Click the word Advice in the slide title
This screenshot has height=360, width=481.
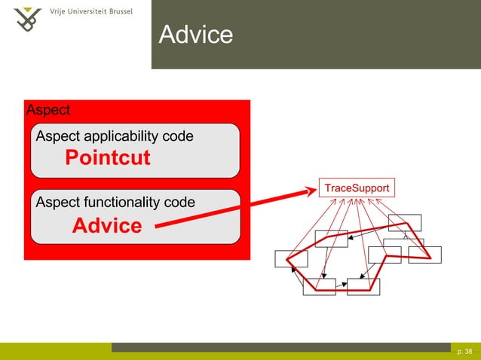[x=195, y=35]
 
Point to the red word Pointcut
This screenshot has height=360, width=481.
[x=107, y=158]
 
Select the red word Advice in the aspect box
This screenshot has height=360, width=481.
[x=107, y=225]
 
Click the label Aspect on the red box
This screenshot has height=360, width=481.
[x=48, y=110]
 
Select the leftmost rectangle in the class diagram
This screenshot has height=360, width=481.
[x=291, y=258]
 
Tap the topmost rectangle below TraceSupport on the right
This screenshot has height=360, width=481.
[x=405, y=222]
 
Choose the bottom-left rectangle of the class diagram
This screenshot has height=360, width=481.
[x=319, y=287]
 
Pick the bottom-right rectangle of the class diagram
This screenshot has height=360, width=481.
[x=363, y=287]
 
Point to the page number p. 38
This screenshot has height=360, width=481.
[x=464, y=351]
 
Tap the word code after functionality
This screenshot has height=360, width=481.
[x=180, y=202]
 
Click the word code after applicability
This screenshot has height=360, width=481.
[x=179, y=136]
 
